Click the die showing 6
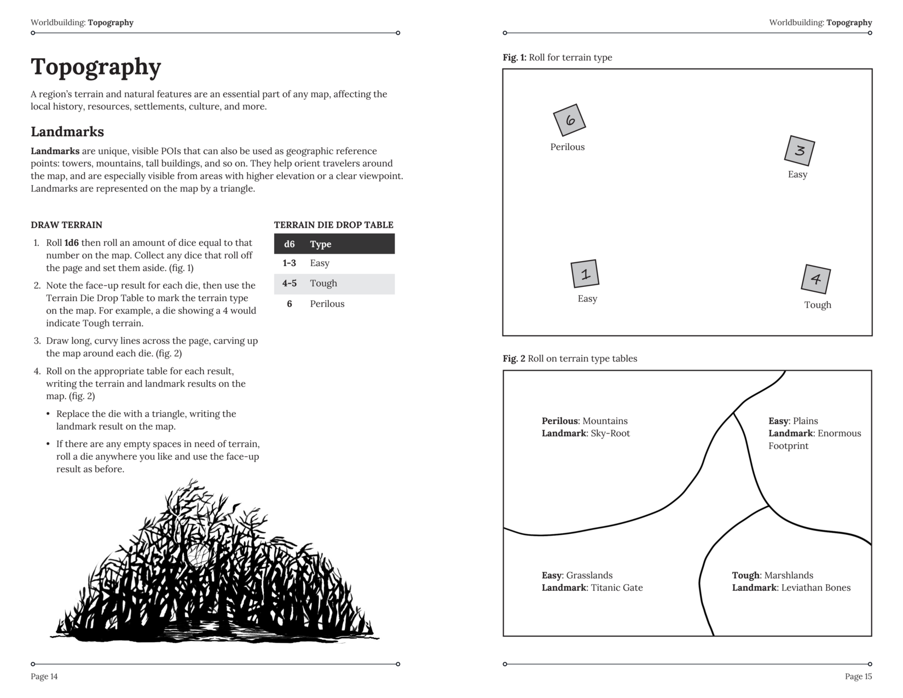569,120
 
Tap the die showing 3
799,150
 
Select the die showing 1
584,274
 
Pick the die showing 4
815,279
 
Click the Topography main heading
96,67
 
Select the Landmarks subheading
67,132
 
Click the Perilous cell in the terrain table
327,304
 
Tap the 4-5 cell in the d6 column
289,284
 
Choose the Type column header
320,244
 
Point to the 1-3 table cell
289,263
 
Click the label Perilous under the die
567,147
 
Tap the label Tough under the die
817,305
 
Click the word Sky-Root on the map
610,434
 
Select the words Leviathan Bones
815,588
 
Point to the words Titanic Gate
617,588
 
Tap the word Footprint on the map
788,446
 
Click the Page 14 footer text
44,677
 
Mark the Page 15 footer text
858,677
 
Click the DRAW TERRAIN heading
66,225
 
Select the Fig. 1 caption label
514,57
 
